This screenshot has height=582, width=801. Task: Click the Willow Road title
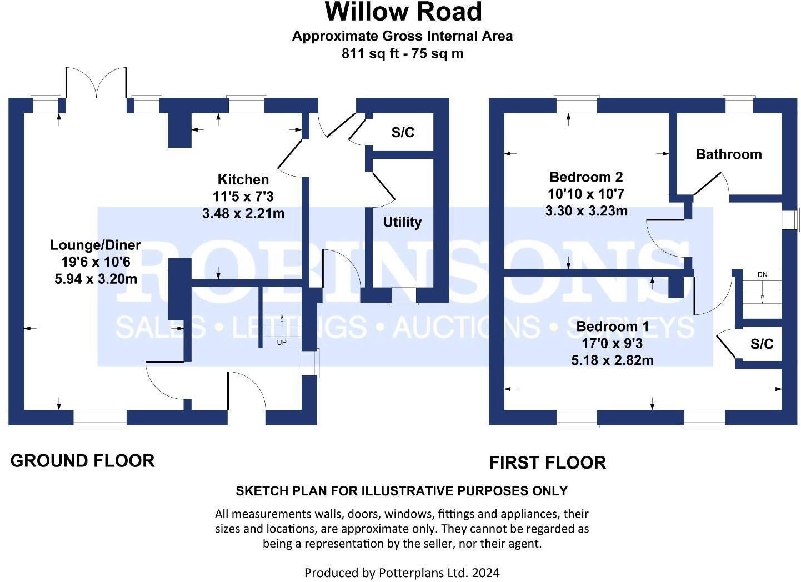(403, 12)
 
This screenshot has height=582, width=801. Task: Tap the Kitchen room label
(243, 179)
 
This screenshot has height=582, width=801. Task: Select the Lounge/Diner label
(96, 245)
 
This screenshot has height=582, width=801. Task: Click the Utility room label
(402, 222)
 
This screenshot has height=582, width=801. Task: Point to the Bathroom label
(728, 154)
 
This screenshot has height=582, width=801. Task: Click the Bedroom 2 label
(586, 177)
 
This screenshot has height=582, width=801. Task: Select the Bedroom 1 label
(612, 326)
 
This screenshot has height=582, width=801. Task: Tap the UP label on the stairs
(282, 343)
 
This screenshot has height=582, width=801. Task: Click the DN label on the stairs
(762, 275)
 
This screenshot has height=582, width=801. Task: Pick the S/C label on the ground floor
(403, 132)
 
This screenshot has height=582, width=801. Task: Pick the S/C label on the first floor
(762, 344)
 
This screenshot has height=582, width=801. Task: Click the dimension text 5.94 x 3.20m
(96, 279)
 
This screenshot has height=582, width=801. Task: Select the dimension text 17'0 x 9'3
(612, 343)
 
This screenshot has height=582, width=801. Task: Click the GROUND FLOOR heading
(82, 461)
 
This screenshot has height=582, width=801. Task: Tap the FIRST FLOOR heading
(547, 463)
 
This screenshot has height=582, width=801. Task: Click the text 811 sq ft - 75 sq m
(403, 54)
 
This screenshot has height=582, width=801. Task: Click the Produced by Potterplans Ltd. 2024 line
(402, 573)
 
